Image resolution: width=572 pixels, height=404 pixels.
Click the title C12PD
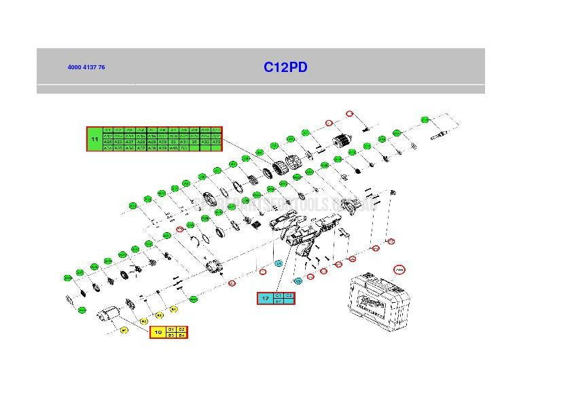click(x=285, y=67)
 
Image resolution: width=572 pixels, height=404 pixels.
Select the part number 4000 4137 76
click(x=86, y=67)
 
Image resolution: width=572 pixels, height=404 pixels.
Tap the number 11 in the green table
click(x=94, y=139)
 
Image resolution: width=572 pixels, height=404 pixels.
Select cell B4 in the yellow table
click(x=181, y=335)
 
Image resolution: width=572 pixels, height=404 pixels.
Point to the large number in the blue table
click(x=265, y=298)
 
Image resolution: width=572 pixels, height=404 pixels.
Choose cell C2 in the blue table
click(x=289, y=295)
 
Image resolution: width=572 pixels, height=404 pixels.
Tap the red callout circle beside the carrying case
click(x=399, y=270)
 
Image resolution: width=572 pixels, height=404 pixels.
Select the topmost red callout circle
click(x=350, y=114)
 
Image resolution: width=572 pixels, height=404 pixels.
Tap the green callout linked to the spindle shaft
click(x=425, y=120)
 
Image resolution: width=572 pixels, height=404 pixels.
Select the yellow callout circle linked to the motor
click(x=124, y=330)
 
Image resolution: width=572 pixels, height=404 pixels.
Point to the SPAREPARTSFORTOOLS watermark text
click(x=285, y=204)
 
